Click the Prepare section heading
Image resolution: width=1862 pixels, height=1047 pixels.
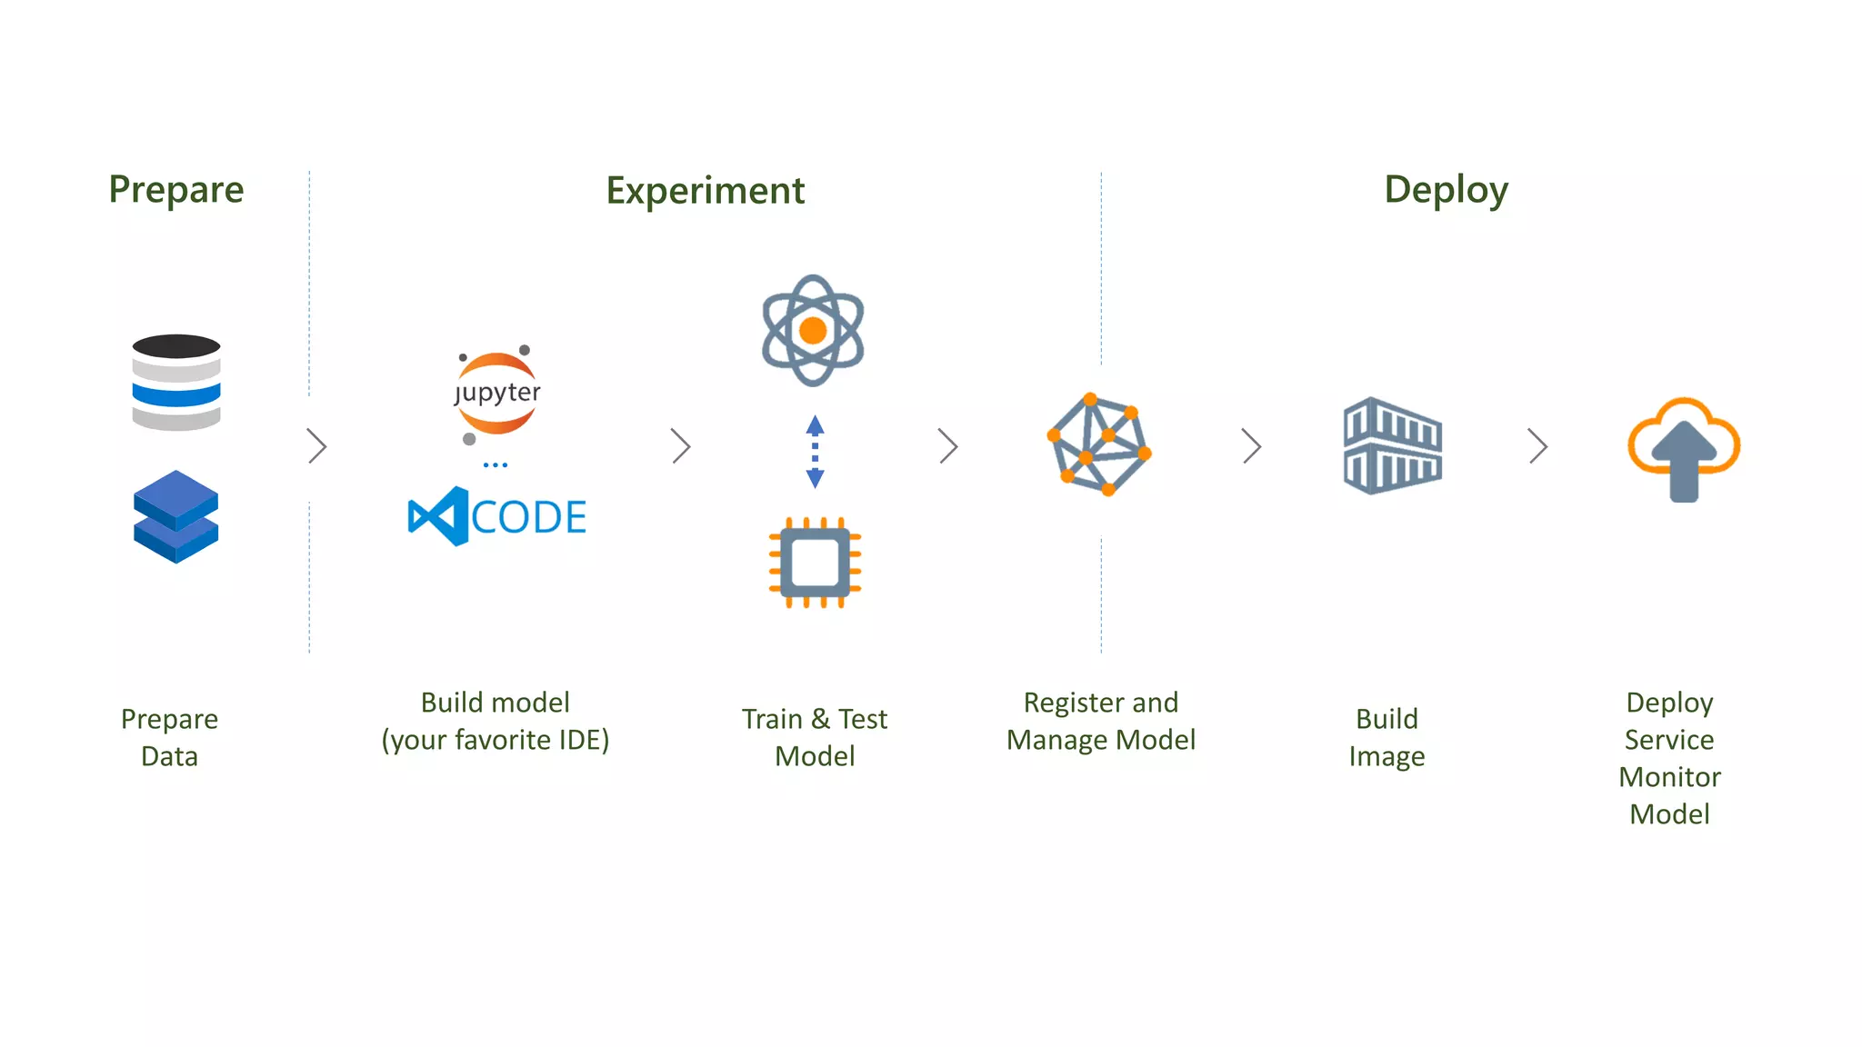[176, 189]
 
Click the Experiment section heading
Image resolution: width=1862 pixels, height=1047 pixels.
[705, 191]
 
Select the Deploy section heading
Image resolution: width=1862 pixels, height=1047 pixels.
[1446, 189]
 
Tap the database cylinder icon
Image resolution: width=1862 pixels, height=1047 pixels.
[176, 382]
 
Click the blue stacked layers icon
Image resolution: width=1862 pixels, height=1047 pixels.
[175, 516]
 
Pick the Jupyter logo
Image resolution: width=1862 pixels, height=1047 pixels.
[496, 394]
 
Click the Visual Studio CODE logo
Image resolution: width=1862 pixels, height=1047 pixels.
[497, 516]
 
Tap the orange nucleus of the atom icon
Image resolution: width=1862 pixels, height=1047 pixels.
[813, 330]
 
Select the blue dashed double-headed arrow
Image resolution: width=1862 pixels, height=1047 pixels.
[815, 452]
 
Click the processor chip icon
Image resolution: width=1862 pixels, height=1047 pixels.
[815, 563]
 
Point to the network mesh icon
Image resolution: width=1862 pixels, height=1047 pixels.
[1099, 444]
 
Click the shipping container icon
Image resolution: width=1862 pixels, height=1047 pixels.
[1392, 445]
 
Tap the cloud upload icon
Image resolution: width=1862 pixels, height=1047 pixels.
[1683, 448]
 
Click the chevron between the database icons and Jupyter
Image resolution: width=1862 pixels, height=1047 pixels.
[316, 446]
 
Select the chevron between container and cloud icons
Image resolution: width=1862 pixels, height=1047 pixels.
[1537, 446]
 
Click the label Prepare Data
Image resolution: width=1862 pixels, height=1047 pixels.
[169, 737]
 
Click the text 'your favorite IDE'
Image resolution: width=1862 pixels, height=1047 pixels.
[496, 740]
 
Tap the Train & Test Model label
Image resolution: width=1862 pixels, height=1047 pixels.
[815, 737]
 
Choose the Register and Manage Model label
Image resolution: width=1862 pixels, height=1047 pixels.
[1100, 721]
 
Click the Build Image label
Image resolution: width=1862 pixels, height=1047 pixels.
[1386, 737]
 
